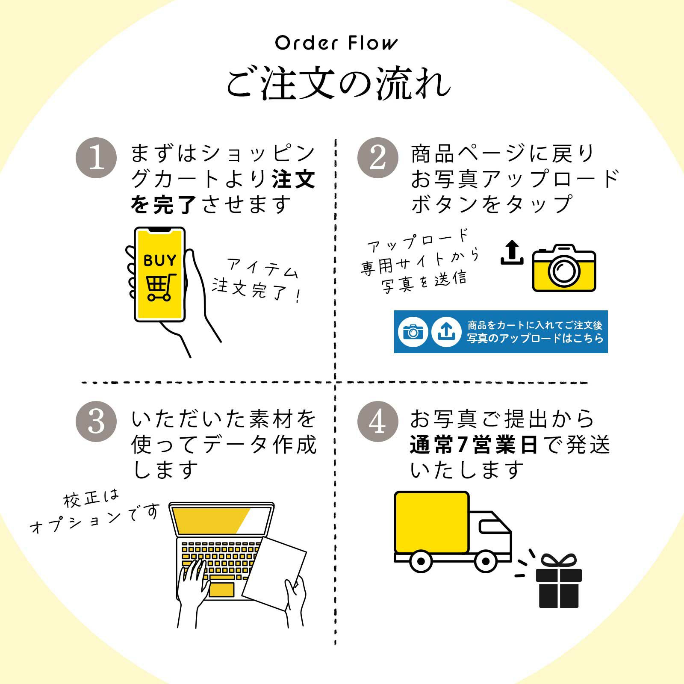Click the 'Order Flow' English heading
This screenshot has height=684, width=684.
tap(336, 43)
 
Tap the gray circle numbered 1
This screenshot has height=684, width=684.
tap(96, 158)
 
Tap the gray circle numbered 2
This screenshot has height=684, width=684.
tap(377, 158)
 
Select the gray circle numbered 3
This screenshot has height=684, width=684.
tap(96, 422)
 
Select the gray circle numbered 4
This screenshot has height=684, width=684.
tap(377, 422)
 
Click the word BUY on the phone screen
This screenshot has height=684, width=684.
tap(160, 260)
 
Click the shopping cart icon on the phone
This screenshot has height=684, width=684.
tap(161, 287)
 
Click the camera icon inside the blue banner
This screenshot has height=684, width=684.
tap(413, 332)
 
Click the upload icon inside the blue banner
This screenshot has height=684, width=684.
tap(446, 332)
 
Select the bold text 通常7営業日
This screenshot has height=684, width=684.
tap(473, 445)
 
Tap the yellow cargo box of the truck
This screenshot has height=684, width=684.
tap(432, 522)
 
